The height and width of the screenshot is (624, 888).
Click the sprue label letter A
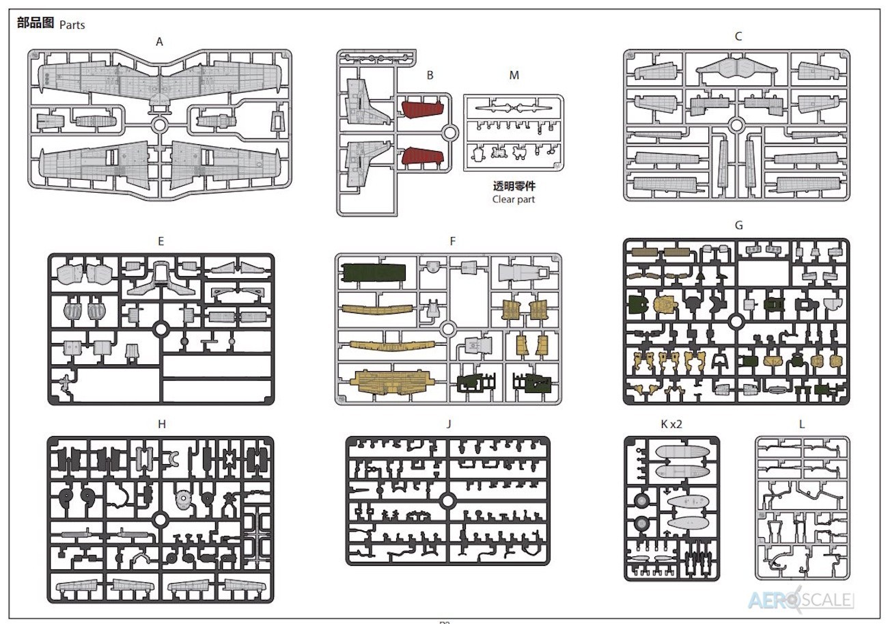pos(159,42)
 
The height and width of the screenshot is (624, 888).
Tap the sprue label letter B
pos(430,75)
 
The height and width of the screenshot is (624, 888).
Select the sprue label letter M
pos(514,75)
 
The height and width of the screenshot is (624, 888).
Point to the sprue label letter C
pos(738,36)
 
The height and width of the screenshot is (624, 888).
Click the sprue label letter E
pos(161,241)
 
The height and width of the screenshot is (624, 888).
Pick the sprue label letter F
pos(453,241)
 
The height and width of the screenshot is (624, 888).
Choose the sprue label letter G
pos(738,226)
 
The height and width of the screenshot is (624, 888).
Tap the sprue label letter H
pos(162,424)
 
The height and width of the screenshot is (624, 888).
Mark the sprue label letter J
pos(449,424)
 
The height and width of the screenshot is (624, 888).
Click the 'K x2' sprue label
pos(671,424)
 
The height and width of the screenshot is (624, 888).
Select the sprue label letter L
pos(801,424)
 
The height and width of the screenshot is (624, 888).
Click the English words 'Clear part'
pos(514,200)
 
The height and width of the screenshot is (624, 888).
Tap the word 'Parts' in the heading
pos(72,25)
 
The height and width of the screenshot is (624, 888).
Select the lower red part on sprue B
pos(422,156)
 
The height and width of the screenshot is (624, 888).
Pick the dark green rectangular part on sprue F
pos(374,273)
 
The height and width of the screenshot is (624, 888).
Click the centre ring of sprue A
pos(159,125)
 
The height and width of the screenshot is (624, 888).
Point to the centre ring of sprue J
pos(448,501)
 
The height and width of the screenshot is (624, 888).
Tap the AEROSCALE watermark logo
pos(801,600)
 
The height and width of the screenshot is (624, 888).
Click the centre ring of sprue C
pos(736,125)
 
